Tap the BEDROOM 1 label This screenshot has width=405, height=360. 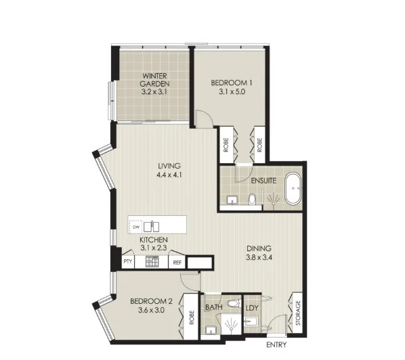(x=231, y=83)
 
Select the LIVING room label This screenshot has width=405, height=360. (x=169, y=166)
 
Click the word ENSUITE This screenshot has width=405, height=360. (x=261, y=181)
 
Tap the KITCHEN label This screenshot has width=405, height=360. (x=154, y=240)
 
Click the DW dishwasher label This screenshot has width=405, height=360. (x=135, y=227)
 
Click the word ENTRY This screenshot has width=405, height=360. (x=278, y=346)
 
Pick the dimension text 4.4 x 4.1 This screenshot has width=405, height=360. (x=169, y=174)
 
